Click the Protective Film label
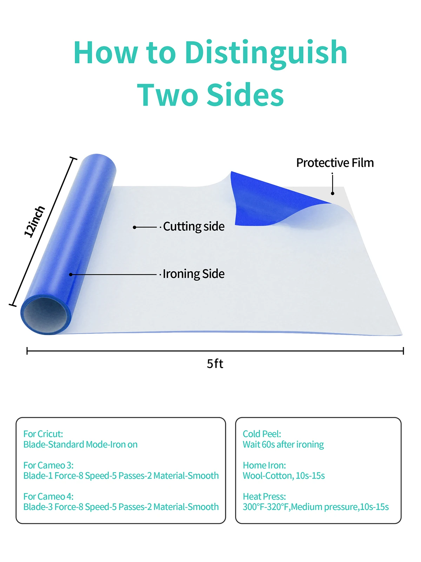coord(335,163)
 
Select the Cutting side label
coord(194,227)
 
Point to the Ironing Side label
coord(194,274)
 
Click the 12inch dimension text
coord(34,221)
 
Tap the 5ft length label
coord(215,364)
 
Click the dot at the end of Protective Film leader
coord(333,193)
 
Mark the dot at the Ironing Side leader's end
coord(71,274)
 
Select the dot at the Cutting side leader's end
coord(134,227)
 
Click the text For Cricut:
coord(43,434)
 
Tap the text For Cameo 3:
coord(48,465)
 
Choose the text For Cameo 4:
coord(48,496)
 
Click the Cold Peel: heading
coord(262,434)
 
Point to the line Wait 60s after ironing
coord(283,444)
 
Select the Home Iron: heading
coord(264,465)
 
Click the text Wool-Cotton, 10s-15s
coord(283,476)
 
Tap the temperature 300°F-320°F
coord(266,507)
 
